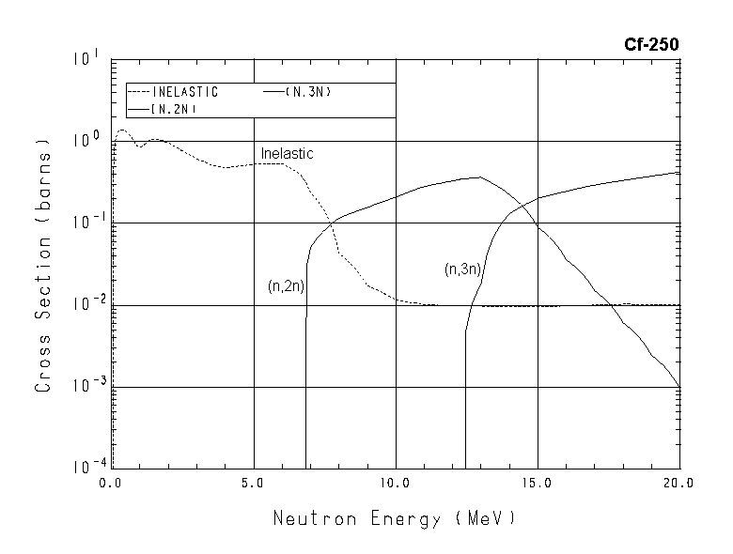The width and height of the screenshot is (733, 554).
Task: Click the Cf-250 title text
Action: pos(652,43)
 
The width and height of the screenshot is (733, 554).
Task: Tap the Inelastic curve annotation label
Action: pos(287,153)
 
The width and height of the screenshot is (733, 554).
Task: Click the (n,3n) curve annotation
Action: pos(462,269)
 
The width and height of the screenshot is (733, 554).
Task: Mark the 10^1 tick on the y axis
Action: pos(83,58)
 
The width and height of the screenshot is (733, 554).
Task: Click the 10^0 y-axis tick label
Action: pos(83,140)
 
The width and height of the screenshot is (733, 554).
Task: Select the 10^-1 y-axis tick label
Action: pos(82,223)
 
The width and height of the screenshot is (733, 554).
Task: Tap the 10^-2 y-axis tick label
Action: pos(82,304)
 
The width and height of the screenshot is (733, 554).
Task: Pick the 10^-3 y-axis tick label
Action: pos(82,386)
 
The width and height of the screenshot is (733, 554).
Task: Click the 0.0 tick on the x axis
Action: pos(112,484)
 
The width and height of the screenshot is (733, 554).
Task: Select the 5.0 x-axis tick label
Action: pos(254,484)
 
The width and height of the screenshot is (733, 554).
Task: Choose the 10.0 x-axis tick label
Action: pos(396,484)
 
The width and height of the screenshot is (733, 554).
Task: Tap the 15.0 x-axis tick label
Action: pos(538,484)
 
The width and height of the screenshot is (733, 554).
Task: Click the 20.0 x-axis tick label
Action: pos(678,484)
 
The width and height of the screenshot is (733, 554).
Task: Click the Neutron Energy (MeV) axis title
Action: pos(395,518)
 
